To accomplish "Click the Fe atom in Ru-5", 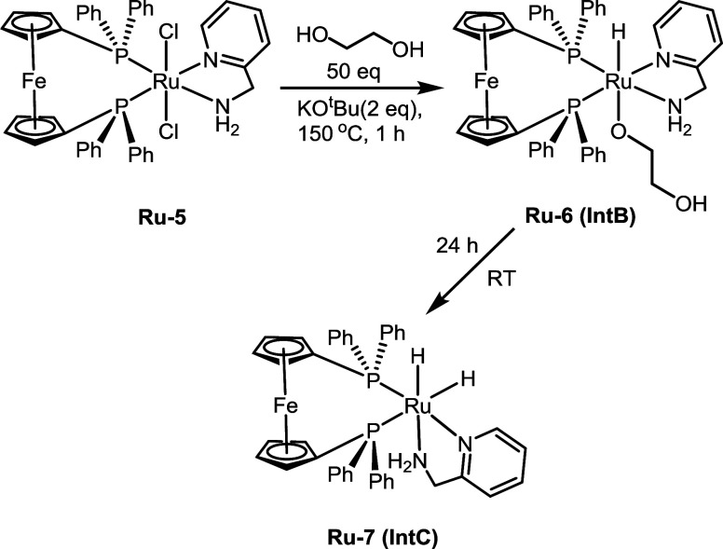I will tap(30, 93).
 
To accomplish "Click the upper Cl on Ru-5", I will tap(168, 39).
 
